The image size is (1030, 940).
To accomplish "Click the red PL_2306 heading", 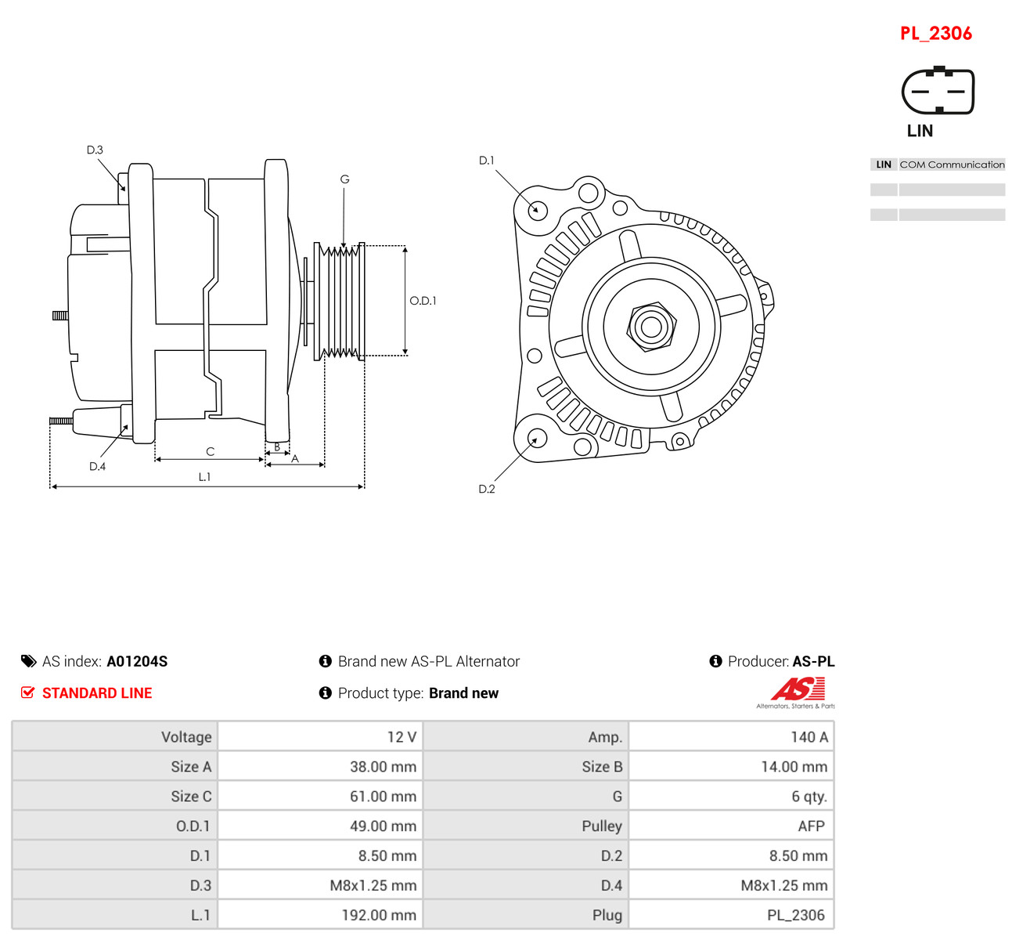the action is click(x=935, y=34).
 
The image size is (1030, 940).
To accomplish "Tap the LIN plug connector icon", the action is click(x=938, y=90).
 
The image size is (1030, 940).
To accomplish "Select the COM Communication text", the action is click(x=952, y=164).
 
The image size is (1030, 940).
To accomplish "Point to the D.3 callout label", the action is click(x=95, y=150).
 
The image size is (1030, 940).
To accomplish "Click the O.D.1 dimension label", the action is click(x=423, y=301).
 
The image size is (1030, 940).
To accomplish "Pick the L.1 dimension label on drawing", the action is click(x=204, y=477).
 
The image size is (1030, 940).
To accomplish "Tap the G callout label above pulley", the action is click(x=344, y=179).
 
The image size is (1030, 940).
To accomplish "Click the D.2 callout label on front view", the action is click(x=486, y=489).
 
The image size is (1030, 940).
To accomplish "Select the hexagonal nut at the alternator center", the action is click(x=651, y=327).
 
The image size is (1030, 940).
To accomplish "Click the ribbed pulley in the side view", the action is click(x=339, y=302).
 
